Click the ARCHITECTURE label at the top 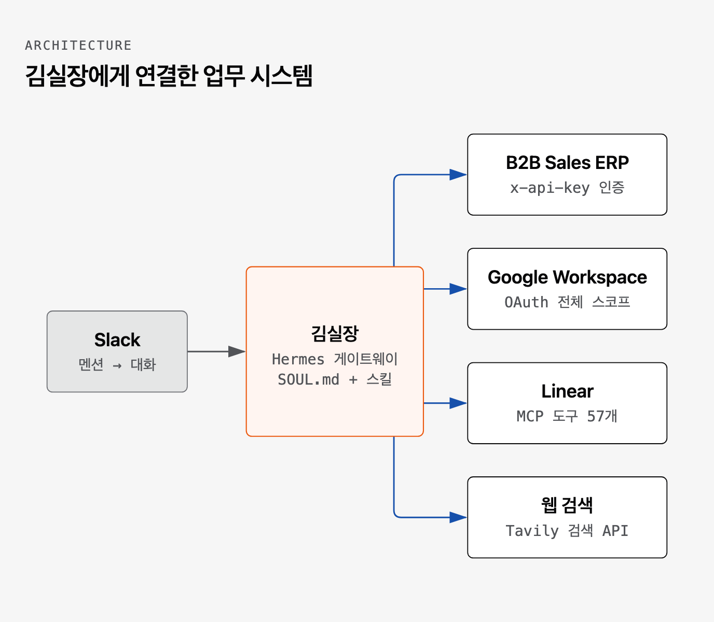click(78, 45)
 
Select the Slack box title click(117, 340)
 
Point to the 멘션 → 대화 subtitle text click(117, 364)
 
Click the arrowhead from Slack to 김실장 click(237, 351)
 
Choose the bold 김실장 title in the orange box click(335, 333)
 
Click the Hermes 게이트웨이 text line click(335, 359)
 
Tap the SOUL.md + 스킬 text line click(335, 379)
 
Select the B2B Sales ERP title click(567, 162)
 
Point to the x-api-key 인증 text click(567, 188)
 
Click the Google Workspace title click(567, 277)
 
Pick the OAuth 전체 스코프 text click(567, 302)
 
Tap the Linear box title click(567, 391)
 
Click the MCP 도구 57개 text click(567, 416)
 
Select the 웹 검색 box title click(567, 505)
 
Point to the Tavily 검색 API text click(567, 530)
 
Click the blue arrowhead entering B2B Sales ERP click(458, 175)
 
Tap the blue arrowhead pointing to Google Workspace click(458, 289)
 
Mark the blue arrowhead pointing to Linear click(458, 403)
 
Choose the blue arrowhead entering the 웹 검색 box click(458, 517)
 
